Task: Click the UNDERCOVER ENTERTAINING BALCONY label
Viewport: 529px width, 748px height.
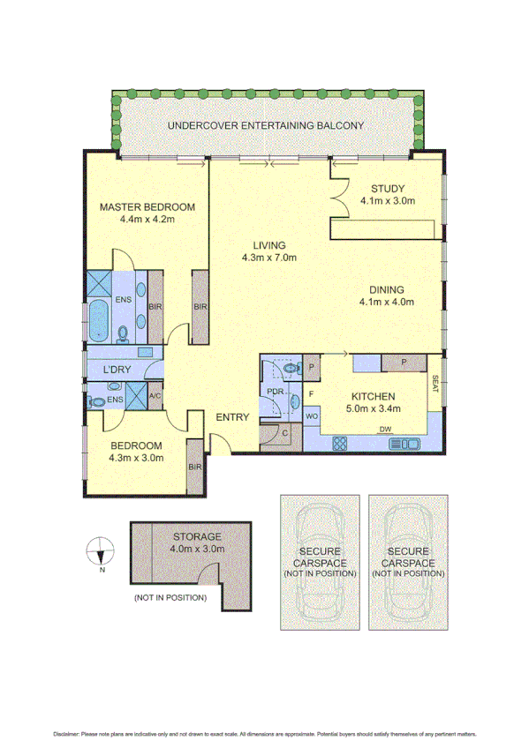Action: pyautogui.click(x=266, y=126)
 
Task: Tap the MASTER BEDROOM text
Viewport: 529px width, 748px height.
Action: pyautogui.click(x=147, y=207)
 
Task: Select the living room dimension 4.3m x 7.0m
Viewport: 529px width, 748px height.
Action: pyautogui.click(x=269, y=258)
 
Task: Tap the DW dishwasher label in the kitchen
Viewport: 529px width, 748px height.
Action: pyautogui.click(x=384, y=430)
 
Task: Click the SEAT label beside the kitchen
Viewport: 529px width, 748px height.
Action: pyautogui.click(x=435, y=383)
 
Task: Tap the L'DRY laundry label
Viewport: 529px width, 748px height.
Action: pyautogui.click(x=117, y=370)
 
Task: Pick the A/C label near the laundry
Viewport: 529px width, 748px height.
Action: pyautogui.click(x=155, y=396)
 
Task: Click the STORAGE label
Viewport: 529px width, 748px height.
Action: pyautogui.click(x=197, y=536)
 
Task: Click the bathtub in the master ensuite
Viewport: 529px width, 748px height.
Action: pyautogui.click(x=97, y=322)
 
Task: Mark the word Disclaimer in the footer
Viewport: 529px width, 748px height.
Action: pyautogui.click(x=66, y=734)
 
